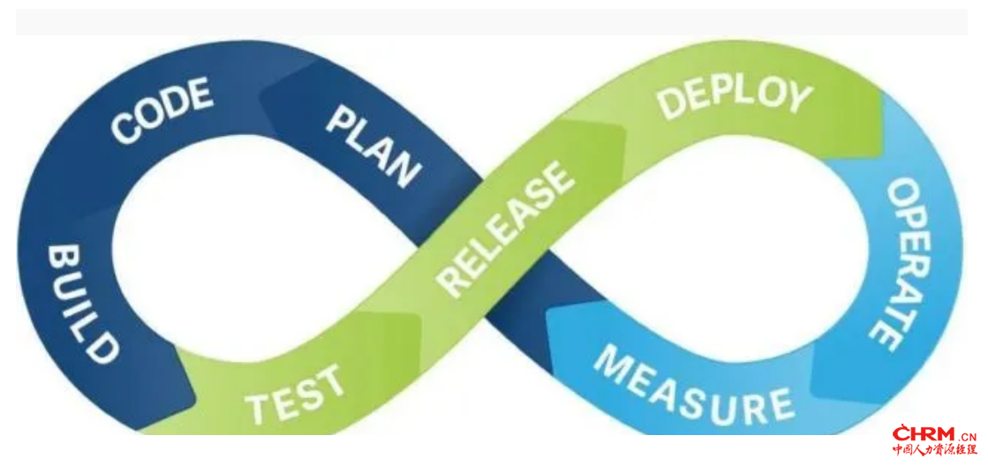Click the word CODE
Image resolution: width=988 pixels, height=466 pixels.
162,110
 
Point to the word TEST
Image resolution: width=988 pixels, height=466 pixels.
296,394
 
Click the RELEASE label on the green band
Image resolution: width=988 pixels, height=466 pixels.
505,229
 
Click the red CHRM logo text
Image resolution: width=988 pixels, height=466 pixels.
924,434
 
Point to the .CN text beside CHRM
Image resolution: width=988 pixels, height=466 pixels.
967,436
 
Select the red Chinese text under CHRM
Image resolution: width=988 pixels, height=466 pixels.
934,449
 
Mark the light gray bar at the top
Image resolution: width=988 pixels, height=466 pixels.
492,22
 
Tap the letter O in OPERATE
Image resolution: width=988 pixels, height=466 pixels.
901,192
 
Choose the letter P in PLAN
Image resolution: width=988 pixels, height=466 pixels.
340,118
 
